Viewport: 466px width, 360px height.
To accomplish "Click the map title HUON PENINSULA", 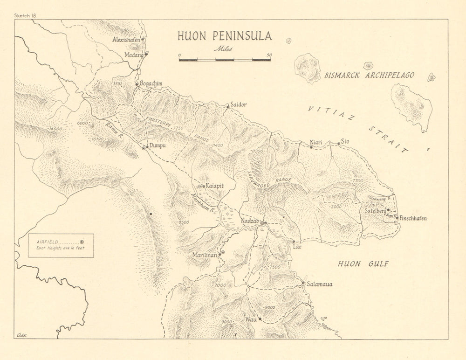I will coord(224,36).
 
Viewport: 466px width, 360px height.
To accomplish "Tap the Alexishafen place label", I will coord(126,40).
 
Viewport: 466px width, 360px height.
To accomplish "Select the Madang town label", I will coord(134,54).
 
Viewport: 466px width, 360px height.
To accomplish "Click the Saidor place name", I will coord(238,105).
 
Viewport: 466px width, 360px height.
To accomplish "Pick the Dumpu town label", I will coord(158,146).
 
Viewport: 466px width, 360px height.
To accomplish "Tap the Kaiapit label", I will coord(215,186).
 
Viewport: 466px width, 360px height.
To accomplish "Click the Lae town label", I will coord(297,247).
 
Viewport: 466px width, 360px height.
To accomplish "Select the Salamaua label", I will coord(320,284).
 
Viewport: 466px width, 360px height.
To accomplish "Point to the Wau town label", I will coord(250,320).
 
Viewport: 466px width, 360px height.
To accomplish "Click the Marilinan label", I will coord(205,255).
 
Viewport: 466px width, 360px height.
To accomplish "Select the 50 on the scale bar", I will coord(269,55).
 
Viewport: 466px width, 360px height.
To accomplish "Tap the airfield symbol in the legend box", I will coord(82,242).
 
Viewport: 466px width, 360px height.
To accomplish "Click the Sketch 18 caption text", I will coord(25,15).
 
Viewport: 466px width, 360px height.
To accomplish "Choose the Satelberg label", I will coord(376,211).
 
